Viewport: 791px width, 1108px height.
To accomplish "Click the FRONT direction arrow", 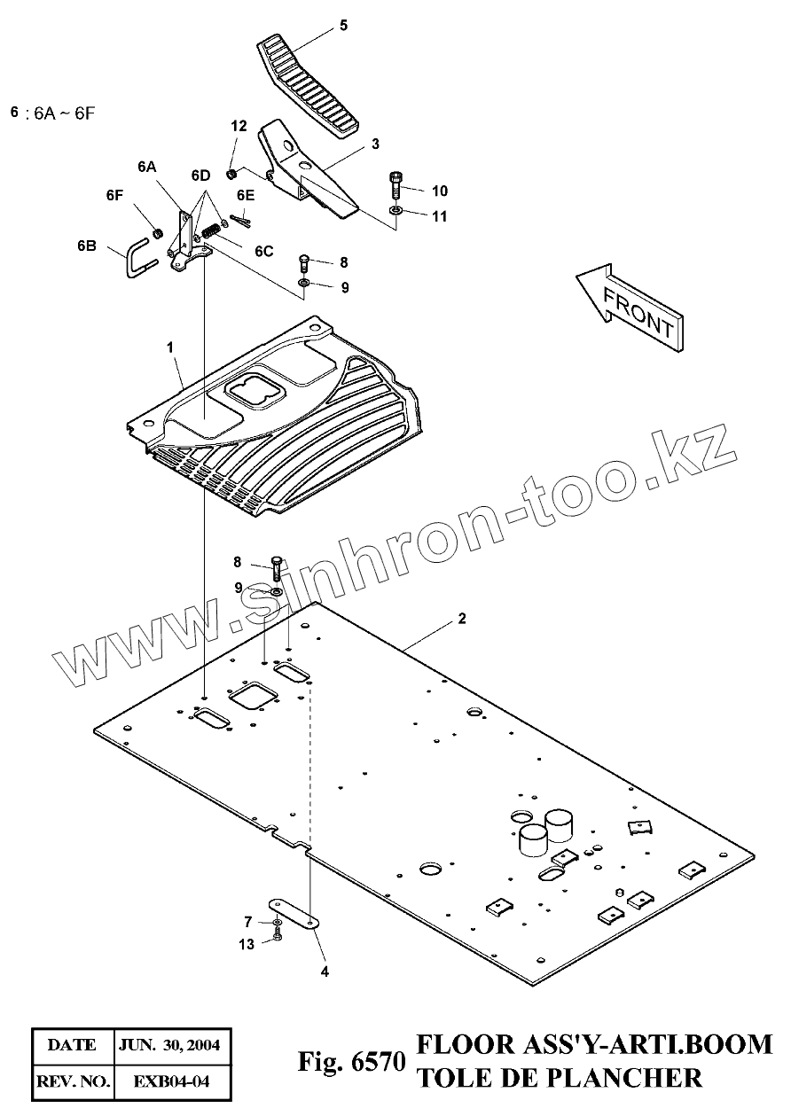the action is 630,306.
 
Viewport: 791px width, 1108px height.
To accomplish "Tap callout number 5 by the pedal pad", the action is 343,25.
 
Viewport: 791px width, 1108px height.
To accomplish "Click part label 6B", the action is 86,246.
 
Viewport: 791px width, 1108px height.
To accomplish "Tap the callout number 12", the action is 238,127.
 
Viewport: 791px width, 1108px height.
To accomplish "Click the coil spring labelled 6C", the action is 211,230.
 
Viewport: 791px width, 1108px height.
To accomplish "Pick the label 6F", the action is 114,196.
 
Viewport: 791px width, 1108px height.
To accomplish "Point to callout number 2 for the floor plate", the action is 461,620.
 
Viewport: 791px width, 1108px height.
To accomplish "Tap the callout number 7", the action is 249,922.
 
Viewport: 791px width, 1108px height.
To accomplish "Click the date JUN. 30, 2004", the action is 175,1045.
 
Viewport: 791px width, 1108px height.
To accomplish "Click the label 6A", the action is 147,166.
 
